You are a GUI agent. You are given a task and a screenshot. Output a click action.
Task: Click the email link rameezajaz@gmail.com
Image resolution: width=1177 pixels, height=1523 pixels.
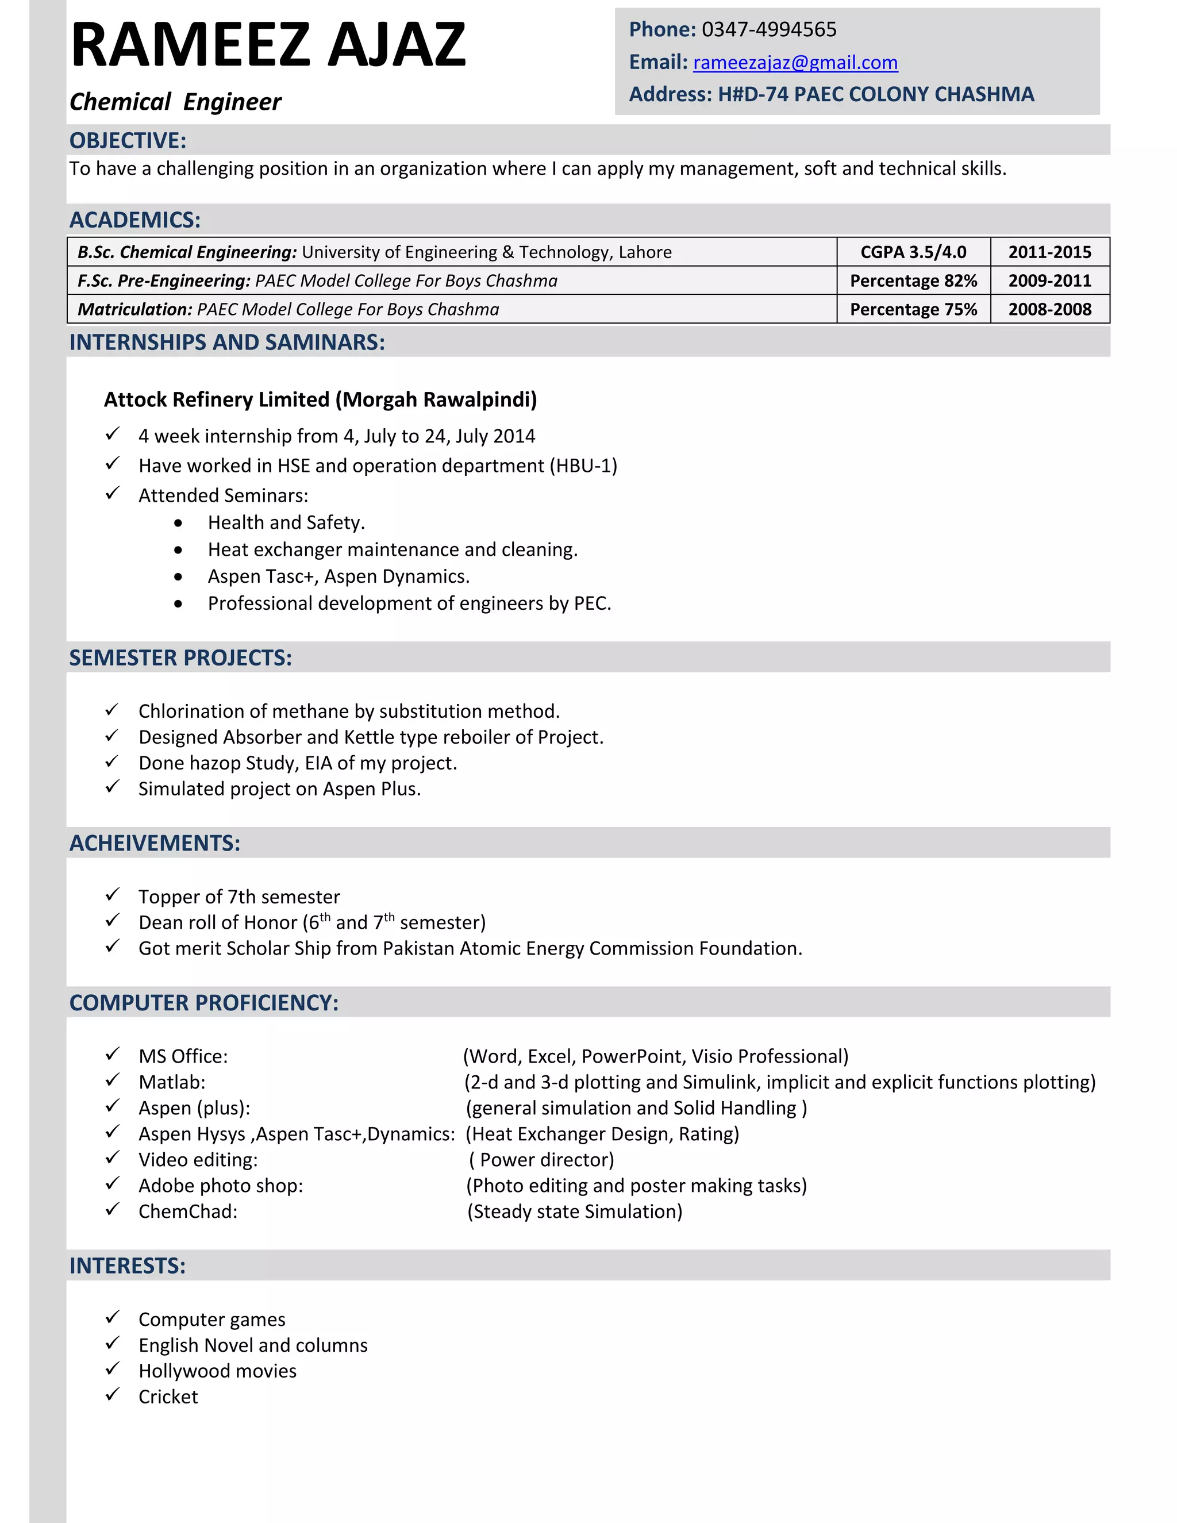(x=795, y=63)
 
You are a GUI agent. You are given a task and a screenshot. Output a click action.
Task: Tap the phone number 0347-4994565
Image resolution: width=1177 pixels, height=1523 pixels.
(x=768, y=29)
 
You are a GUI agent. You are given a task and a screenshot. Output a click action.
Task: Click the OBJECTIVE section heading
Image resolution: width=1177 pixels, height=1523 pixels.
(x=128, y=140)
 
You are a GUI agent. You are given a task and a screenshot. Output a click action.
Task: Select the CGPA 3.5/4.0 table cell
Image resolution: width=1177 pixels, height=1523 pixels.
(x=913, y=252)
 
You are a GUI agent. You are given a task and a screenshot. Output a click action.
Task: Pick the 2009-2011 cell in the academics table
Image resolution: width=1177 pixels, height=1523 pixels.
(x=1049, y=280)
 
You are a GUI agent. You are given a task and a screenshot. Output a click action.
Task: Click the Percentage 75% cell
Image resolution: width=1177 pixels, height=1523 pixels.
(x=913, y=309)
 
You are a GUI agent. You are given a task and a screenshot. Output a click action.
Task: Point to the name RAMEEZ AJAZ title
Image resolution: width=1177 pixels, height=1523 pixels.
(x=268, y=45)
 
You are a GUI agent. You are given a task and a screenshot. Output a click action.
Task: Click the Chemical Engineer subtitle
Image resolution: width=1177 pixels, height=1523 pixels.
(x=175, y=102)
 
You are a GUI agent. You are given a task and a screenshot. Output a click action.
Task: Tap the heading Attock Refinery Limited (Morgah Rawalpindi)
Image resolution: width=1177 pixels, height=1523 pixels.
(x=320, y=399)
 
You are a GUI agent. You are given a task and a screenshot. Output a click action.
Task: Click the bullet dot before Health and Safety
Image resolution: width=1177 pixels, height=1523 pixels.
(x=179, y=523)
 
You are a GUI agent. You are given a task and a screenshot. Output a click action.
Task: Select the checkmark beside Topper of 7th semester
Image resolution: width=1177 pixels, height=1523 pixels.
(x=112, y=895)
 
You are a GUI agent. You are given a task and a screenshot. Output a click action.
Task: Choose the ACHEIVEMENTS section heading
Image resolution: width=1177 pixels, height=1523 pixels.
(x=155, y=843)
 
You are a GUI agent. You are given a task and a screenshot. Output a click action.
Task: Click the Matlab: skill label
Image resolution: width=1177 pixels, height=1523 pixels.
(x=171, y=1082)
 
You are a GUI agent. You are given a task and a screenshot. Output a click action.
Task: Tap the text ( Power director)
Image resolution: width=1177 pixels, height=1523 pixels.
(x=541, y=1159)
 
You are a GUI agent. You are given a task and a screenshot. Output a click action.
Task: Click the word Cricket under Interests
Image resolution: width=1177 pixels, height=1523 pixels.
(x=168, y=1396)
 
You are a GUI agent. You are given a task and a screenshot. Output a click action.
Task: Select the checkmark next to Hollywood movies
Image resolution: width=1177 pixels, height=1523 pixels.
(x=112, y=1369)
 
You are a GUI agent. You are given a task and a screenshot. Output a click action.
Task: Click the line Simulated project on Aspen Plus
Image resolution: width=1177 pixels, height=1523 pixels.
(x=279, y=789)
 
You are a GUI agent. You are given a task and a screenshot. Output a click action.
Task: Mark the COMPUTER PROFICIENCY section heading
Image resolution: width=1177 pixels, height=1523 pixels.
(x=203, y=1002)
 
